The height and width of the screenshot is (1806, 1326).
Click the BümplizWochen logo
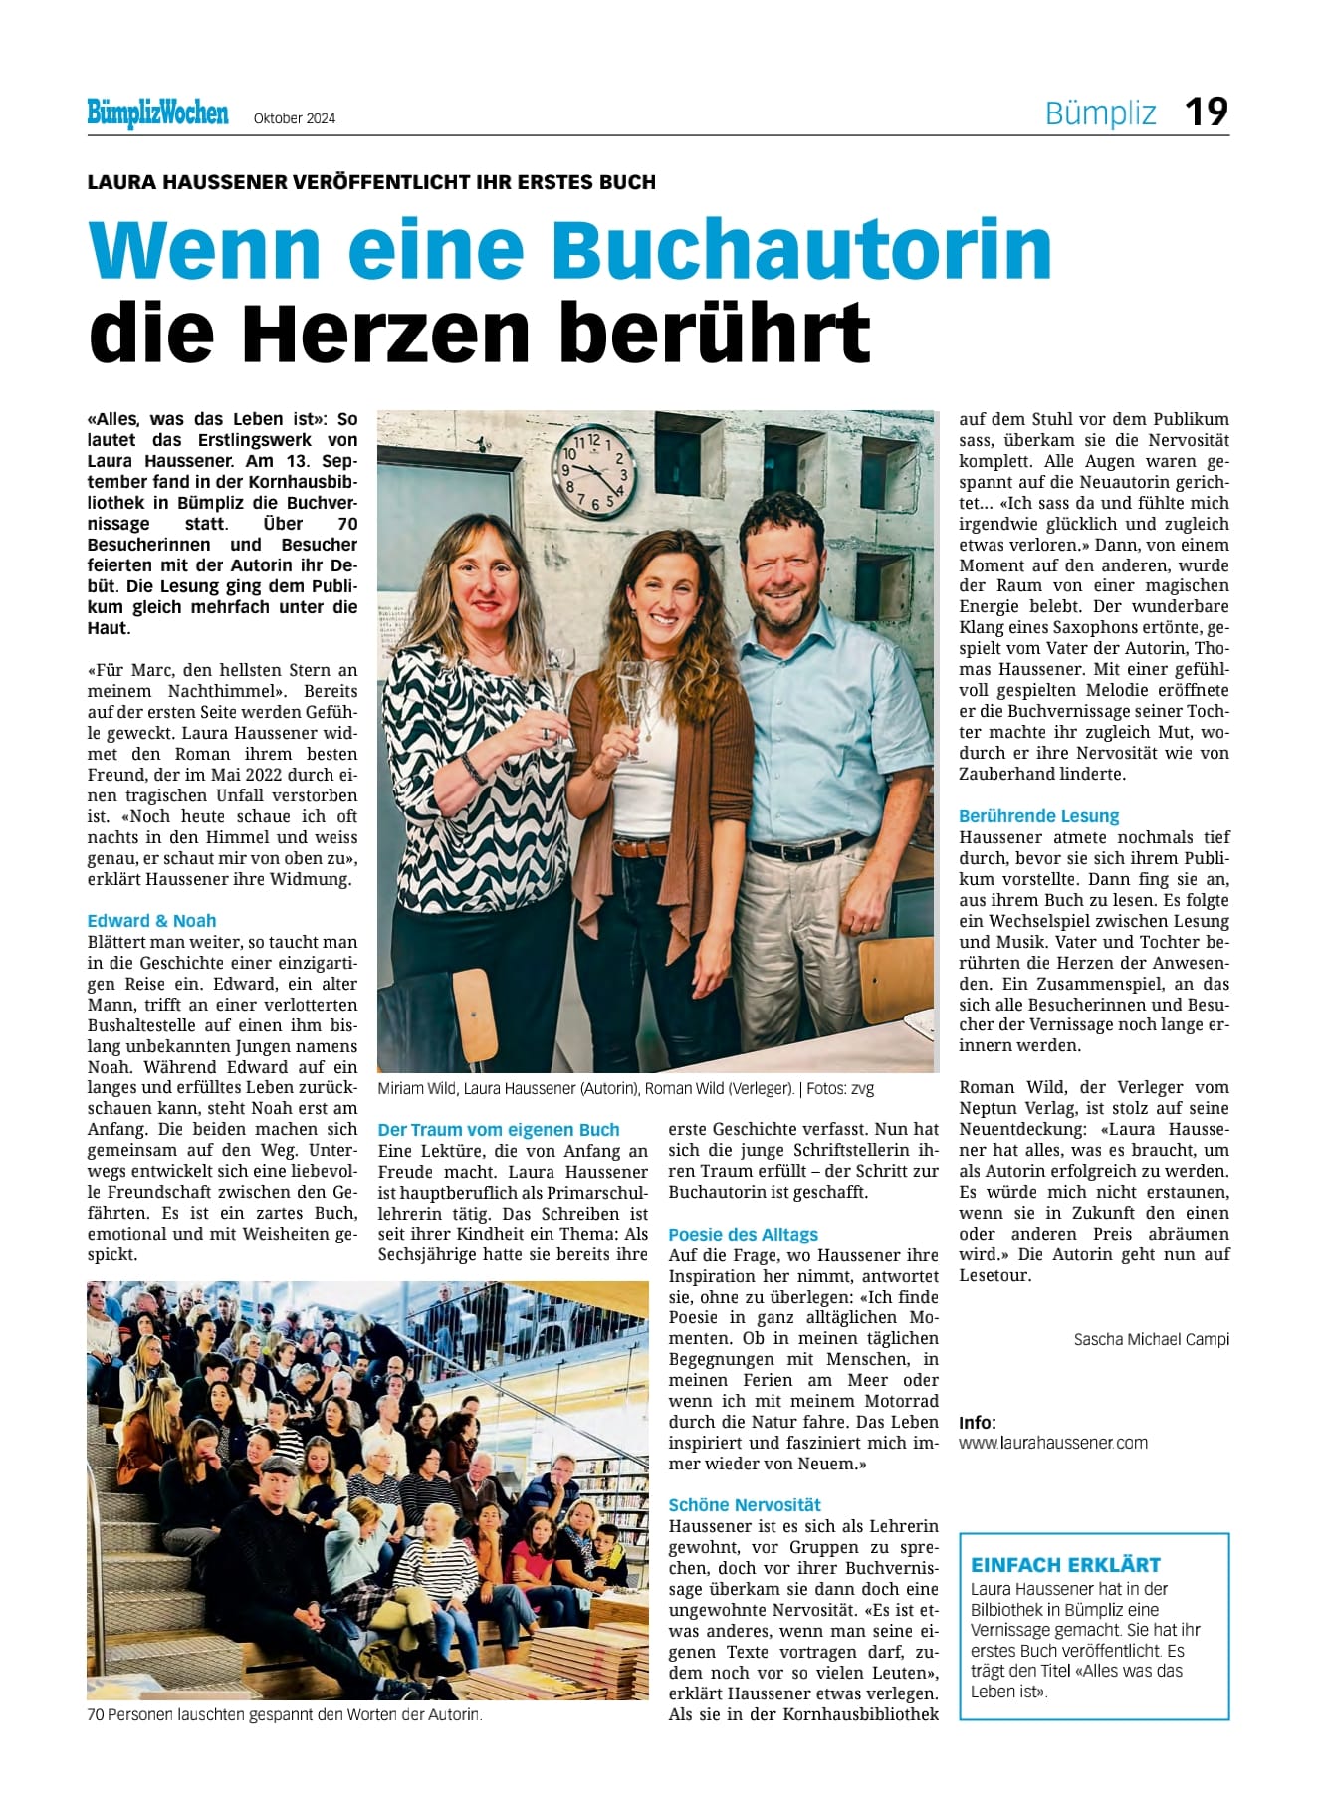click(157, 113)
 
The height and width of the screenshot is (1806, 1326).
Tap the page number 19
click(1207, 113)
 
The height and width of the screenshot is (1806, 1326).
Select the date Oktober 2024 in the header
click(295, 118)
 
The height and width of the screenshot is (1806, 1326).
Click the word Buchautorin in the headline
click(801, 249)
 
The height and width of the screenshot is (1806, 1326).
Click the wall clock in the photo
click(594, 470)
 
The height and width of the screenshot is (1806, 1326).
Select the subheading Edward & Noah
click(151, 921)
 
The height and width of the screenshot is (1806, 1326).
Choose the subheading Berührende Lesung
click(1038, 816)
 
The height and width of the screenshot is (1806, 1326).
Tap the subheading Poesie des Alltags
click(743, 1235)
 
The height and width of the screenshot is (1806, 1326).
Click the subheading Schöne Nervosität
click(745, 1505)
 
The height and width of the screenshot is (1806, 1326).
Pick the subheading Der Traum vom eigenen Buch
click(499, 1130)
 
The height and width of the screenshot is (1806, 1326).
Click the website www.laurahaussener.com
click(1052, 1443)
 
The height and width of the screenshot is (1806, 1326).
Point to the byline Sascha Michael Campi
click(1151, 1339)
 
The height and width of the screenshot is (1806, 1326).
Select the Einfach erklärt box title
click(1065, 1564)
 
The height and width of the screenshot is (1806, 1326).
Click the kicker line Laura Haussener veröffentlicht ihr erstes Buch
click(371, 182)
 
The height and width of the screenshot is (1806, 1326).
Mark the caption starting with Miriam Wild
click(625, 1089)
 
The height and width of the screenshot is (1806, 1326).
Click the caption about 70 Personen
click(285, 1715)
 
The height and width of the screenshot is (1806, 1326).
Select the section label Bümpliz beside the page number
click(1100, 113)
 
